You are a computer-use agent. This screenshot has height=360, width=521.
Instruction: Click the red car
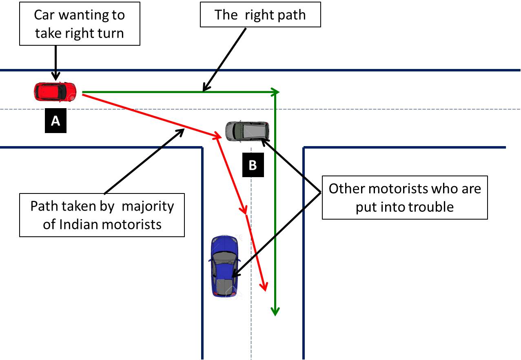pyautogui.click(x=55, y=91)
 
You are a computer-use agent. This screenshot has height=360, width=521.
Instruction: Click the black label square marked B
pyautogui.click(x=253, y=165)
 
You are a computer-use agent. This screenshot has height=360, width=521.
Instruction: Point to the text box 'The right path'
pyautogui.click(x=260, y=16)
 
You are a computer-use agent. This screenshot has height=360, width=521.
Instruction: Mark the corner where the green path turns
pyautogui.click(x=276, y=92)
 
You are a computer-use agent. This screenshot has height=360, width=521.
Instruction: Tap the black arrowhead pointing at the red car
pyautogui.click(x=56, y=76)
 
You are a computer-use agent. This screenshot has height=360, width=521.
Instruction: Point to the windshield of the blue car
pyautogui.click(x=222, y=256)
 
